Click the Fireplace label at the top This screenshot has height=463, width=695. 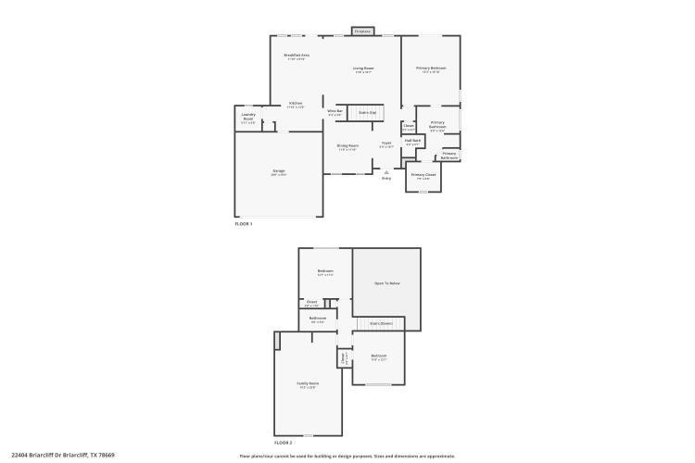pos(363,31)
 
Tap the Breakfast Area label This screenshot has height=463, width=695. pos(297,56)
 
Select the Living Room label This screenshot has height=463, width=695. pos(363,69)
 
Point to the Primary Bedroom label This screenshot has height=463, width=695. pos(431,69)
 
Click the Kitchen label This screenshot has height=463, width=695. pos(296,104)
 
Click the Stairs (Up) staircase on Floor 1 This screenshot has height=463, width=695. pos(367,112)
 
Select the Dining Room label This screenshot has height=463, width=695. pos(347,146)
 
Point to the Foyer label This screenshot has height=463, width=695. pos(386,144)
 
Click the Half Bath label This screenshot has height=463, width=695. pos(412,142)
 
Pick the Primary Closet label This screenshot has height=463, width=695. pos(423,175)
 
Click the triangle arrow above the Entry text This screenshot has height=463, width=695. pos(386,170)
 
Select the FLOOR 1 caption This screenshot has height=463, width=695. pos(243,224)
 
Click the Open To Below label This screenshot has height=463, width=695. pos(386,283)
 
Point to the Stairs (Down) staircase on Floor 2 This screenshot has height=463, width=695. pos(381,323)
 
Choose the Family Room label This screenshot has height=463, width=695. pos(308,384)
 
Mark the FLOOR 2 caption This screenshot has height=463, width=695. pos(283,443)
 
